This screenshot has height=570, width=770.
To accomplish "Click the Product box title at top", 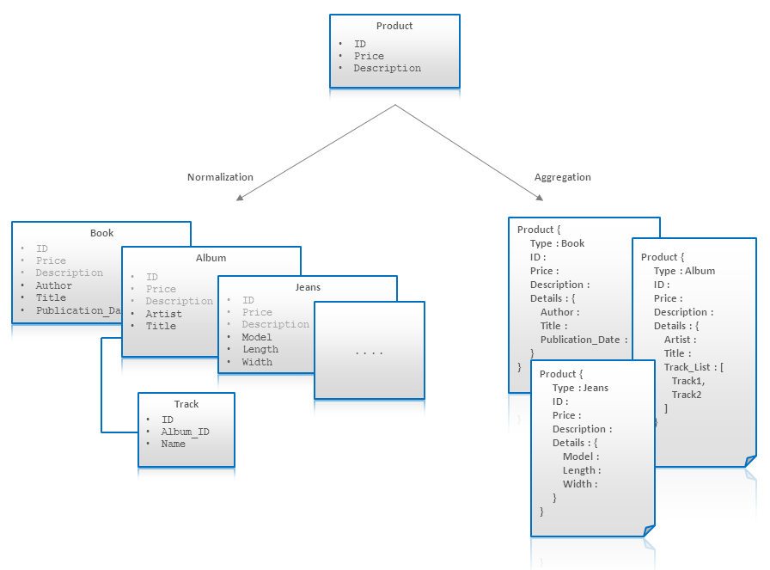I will (x=394, y=26).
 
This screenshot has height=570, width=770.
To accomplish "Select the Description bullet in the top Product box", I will (x=387, y=68).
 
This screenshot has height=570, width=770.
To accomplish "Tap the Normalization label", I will (x=220, y=177).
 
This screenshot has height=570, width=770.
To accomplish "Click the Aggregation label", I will (x=563, y=177).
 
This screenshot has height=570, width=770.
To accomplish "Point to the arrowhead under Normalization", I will (x=241, y=198).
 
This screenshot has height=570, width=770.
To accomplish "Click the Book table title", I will (x=101, y=233).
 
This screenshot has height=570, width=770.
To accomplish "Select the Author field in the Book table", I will (x=53, y=285).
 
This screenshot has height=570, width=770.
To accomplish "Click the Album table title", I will (x=211, y=258).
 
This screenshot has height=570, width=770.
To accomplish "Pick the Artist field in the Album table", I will (x=163, y=314).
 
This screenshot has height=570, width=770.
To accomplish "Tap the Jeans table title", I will (x=308, y=287).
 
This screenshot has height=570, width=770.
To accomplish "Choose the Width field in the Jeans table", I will (x=257, y=362).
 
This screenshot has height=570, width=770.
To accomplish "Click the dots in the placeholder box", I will (x=369, y=352).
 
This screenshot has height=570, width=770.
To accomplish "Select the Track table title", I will (x=186, y=404).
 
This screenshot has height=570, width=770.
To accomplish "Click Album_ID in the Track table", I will (x=185, y=432).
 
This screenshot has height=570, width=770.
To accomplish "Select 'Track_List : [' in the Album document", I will (x=694, y=367).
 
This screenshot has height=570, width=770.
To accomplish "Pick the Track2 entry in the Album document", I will (x=687, y=395).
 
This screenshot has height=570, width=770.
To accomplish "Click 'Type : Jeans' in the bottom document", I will (x=580, y=388).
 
